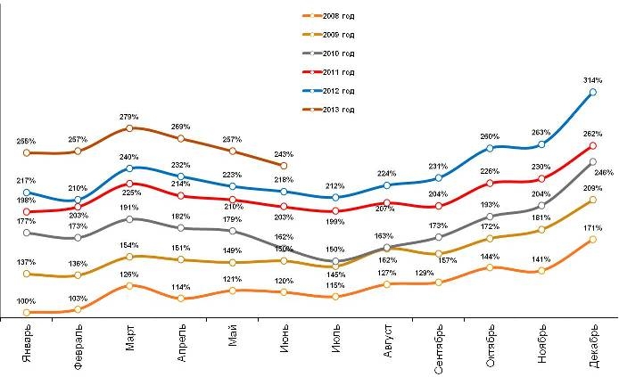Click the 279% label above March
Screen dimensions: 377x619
point(129,117)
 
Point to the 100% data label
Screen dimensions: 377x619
point(27,301)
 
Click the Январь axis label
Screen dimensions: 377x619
point(27,342)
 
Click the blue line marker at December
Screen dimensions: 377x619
point(593,93)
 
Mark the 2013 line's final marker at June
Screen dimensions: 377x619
point(284,166)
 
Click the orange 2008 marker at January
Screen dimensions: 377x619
point(27,313)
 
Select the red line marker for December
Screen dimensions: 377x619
point(593,145)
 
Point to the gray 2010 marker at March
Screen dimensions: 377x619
point(129,218)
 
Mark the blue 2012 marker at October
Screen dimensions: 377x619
point(491,148)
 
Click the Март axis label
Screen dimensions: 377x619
point(129,340)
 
